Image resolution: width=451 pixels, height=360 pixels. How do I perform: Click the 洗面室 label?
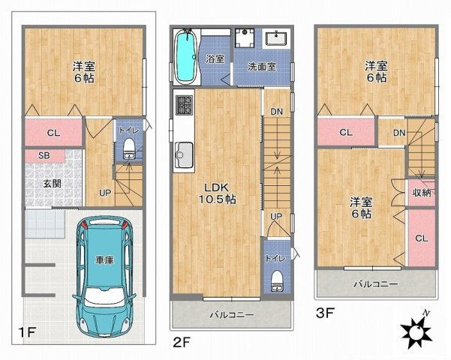click(262, 67)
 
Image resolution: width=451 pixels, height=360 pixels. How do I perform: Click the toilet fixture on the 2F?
click(275, 279)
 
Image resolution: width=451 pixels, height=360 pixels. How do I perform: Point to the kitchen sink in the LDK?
click(183, 158)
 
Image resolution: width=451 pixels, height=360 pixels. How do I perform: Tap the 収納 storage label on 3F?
click(422, 193)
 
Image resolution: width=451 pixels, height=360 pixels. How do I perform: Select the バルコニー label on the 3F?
click(374, 284)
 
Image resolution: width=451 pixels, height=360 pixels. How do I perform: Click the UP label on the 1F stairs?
click(106, 191)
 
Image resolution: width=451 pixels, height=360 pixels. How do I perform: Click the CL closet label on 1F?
click(53, 133)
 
